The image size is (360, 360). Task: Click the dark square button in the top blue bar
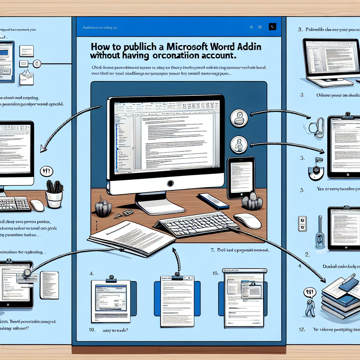coord(272,26)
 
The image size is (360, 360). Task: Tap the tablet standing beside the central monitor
coord(241,178)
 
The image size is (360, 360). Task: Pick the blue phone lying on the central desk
coord(213,201)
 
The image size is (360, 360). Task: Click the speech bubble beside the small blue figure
coord(310,292)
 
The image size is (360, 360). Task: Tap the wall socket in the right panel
coord(302,224)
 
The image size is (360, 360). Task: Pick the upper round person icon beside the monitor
coord(239,117)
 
